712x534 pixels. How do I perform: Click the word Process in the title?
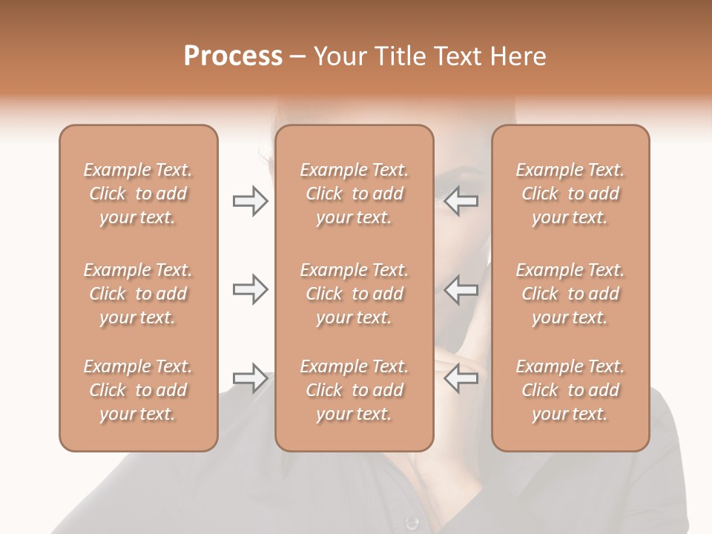click(233, 56)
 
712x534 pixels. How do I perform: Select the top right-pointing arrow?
click(250, 200)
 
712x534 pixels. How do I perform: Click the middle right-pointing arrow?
click(250, 289)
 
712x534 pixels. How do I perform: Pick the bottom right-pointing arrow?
click(250, 378)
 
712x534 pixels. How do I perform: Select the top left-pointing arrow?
click(461, 200)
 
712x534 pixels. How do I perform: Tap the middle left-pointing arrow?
click(461, 289)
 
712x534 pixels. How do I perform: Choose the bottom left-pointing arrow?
click(461, 378)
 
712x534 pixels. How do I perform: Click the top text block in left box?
click(138, 194)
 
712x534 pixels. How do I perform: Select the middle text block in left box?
click(138, 294)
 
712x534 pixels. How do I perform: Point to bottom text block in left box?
click(138, 390)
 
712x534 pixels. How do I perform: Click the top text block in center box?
click(355, 194)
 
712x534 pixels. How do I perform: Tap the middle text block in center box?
click(355, 294)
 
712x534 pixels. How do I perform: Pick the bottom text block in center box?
click(355, 390)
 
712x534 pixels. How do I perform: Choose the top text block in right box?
click(570, 194)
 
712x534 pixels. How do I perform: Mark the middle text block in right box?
click(570, 294)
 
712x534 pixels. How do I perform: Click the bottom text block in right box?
click(570, 390)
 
